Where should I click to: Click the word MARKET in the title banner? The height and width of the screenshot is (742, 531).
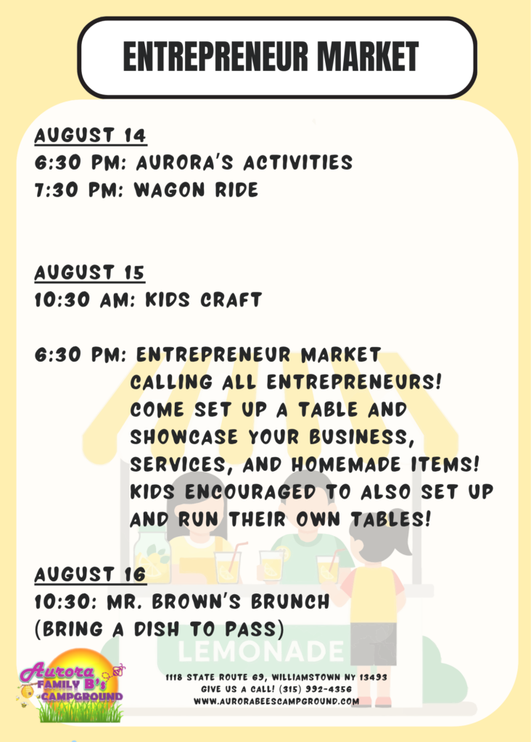coord(368,57)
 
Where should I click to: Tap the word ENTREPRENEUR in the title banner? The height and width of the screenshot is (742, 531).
coord(215,57)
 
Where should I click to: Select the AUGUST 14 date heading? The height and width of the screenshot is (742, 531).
coord(91,136)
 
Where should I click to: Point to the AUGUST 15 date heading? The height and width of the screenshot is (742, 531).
coord(89,272)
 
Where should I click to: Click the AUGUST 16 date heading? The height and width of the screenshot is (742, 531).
coord(90,575)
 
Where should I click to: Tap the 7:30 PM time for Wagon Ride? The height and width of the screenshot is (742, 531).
coord(80,190)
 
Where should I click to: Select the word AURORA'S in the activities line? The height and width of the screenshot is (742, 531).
coord(185,162)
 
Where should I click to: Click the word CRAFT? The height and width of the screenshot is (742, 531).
coord(231,299)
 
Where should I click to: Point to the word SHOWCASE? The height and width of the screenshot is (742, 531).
coord(184,437)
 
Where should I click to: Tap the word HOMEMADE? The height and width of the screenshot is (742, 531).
coord(346,464)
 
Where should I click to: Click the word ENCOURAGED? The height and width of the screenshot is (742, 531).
coord(250,492)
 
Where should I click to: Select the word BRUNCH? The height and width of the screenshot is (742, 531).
coord(290,601)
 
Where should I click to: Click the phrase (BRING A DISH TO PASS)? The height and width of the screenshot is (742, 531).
coord(160,630)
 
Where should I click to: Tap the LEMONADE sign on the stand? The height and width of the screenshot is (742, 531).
coord(261,651)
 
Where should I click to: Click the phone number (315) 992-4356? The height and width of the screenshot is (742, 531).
coord(316,689)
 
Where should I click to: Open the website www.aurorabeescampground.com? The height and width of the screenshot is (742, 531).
coord(276,701)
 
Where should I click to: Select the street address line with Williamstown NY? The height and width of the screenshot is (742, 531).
coord(276,678)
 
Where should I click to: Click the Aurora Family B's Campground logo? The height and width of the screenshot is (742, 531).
coord(71,685)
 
